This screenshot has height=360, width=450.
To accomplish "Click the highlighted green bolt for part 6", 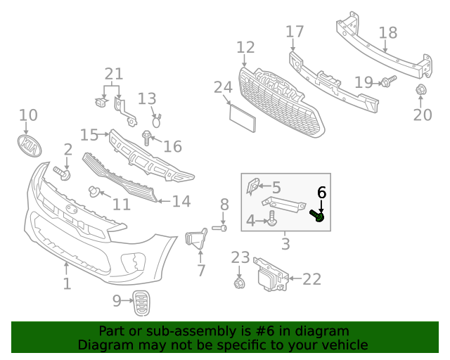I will (318, 216).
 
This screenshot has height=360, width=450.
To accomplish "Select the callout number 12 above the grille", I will (245, 47).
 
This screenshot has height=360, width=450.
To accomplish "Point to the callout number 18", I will (388, 33).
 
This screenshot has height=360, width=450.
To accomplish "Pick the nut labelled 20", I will (421, 90).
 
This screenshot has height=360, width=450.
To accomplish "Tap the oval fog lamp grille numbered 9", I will (142, 303).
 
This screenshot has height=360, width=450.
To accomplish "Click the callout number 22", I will (311, 279).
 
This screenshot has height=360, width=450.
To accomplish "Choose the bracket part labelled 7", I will (196, 240).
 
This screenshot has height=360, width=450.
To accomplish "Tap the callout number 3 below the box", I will (285, 245).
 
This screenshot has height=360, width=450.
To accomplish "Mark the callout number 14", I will (181, 202).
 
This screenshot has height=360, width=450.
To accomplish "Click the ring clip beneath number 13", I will (156, 121).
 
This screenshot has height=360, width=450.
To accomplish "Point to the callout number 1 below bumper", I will (67, 284).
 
